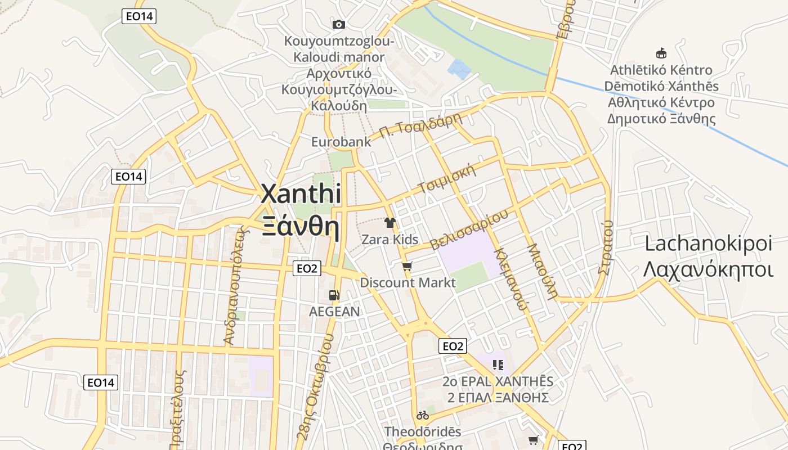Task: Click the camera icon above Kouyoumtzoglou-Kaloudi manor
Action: (x=338, y=24)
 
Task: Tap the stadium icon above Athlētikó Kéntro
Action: (x=661, y=53)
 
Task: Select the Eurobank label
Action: (x=341, y=142)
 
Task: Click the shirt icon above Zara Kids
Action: (x=389, y=223)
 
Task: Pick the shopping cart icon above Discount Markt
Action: (x=407, y=266)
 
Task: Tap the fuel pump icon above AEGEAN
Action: (x=334, y=295)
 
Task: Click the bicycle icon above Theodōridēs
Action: (x=423, y=415)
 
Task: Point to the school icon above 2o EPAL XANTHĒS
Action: (x=498, y=365)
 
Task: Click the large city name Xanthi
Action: (x=301, y=195)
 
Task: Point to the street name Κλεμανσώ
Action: (x=511, y=278)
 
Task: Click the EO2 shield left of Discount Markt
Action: (x=307, y=268)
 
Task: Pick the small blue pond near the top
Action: (x=459, y=69)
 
